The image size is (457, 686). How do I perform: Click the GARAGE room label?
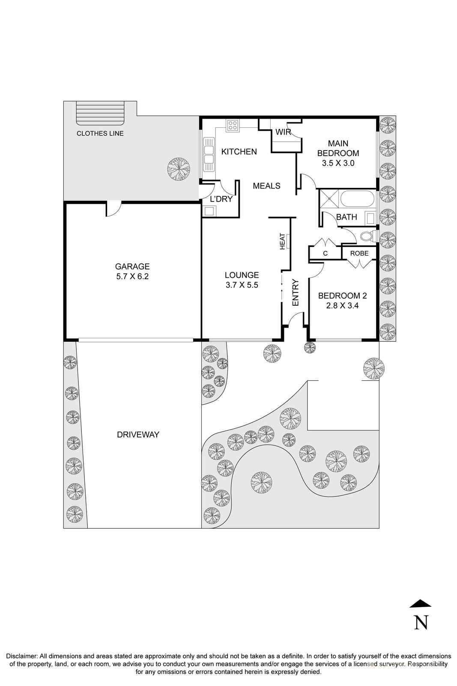[x=132, y=266]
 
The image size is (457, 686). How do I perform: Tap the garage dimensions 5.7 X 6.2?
[x=132, y=277]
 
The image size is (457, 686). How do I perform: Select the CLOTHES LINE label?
[x=100, y=133]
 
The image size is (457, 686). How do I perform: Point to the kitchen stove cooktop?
[x=233, y=125]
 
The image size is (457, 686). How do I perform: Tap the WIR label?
[x=283, y=132]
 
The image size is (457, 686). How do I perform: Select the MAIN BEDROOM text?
[x=338, y=148]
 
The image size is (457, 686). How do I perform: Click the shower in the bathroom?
[x=330, y=199]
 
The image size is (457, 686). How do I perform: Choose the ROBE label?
[x=359, y=253]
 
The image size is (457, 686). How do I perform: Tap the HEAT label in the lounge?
[x=283, y=241]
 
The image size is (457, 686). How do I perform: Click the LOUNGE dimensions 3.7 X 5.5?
[x=242, y=285]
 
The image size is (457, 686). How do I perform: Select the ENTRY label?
[x=295, y=293]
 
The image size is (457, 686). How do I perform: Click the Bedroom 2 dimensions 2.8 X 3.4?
[x=342, y=306]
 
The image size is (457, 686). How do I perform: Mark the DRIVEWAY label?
[x=138, y=434]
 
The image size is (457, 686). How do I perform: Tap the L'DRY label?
[x=221, y=199]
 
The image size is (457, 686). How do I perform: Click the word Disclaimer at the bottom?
[x=21, y=656]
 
